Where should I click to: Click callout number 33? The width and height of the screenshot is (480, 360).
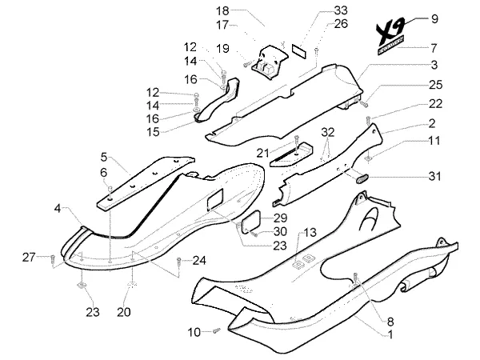tap(341, 10)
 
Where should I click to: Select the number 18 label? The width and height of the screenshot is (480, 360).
tap(222, 11)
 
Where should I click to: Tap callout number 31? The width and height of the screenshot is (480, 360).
tap(434, 176)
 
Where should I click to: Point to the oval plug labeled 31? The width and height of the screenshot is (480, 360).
tap(362, 178)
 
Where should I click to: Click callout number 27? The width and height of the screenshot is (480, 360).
tap(29, 257)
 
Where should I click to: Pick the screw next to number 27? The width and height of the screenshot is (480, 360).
tap(52, 259)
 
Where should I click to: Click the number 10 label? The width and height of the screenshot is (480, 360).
tap(194, 332)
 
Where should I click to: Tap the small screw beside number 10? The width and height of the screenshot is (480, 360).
tap(217, 330)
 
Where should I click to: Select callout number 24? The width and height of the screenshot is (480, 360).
tap(199, 261)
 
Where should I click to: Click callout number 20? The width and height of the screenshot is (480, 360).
tap(124, 312)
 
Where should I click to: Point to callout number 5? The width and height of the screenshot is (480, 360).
tap(104, 157)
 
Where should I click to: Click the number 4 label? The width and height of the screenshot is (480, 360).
tap(58, 209)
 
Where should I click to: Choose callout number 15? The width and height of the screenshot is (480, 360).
tap(153, 132)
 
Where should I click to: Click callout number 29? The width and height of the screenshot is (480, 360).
tap(280, 218)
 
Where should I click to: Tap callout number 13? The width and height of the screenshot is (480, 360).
tap(310, 232)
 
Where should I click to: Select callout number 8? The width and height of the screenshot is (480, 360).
tap(390, 322)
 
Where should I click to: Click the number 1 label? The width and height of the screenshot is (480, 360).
tap(390, 334)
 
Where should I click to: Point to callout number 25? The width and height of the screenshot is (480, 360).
tap(436, 85)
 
